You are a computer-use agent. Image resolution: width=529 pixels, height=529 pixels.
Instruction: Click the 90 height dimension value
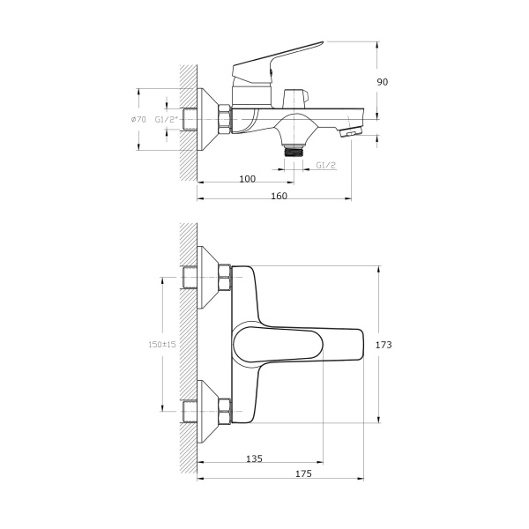(x=382, y=82)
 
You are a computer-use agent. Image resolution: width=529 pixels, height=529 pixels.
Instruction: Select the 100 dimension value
(x=247, y=179)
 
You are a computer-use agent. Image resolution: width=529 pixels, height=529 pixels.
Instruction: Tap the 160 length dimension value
(x=279, y=196)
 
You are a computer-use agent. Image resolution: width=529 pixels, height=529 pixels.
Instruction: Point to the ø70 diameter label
(x=138, y=119)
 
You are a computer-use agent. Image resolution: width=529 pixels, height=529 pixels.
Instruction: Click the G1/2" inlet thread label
(x=167, y=119)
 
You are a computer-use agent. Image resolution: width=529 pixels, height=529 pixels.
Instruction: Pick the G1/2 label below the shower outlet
(x=325, y=165)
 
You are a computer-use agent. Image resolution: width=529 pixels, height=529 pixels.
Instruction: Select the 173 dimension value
(x=384, y=345)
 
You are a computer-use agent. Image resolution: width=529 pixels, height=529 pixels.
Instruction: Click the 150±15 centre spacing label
(x=163, y=345)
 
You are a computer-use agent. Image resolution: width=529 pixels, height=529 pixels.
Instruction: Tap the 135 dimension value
(x=253, y=458)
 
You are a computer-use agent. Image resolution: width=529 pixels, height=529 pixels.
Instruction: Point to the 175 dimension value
(x=303, y=474)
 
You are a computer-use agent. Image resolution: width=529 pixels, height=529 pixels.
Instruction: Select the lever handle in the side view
(x=278, y=58)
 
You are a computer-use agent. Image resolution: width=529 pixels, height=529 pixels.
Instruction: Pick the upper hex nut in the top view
(x=224, y=278)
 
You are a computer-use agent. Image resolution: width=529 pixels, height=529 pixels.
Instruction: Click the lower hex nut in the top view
(x=224, y=411)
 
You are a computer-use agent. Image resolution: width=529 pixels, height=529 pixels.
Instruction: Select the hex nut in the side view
(x=224, y=119)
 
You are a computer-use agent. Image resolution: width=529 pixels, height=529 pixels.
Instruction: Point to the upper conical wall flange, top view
(x=207, y=278)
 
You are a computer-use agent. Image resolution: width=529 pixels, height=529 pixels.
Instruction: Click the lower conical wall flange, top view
(x=207, y=411)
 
